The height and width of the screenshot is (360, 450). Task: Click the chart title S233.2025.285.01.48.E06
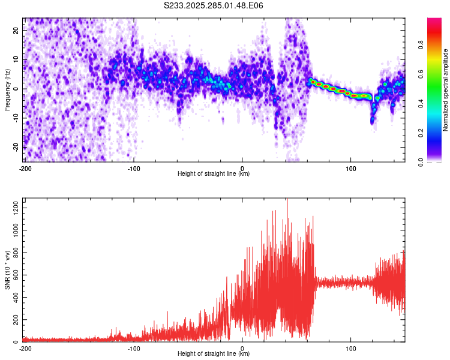pos(214,5)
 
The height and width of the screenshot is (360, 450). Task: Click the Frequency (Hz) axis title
pos(7,90)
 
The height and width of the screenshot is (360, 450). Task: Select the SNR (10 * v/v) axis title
pos(7,271)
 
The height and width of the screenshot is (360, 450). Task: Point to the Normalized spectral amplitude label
pos(445,90)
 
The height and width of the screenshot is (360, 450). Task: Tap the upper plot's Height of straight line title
pos(214,173)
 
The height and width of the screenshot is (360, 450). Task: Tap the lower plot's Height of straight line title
pos(214,353)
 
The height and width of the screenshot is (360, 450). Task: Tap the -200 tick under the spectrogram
pos(25,168)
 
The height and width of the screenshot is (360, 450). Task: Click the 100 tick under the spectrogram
pos(351,168)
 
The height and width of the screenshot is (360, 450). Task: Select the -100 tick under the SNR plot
pos(134,348)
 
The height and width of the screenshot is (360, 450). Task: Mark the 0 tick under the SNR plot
pos(242,348)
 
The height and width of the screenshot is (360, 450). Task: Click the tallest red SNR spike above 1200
pos(287,200)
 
